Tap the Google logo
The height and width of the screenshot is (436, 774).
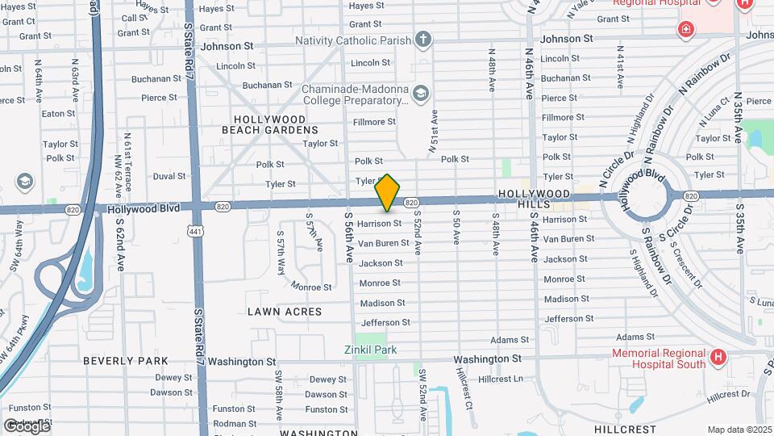click(x=26, y=426)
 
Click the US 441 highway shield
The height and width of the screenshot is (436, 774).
click(x=193, y=231)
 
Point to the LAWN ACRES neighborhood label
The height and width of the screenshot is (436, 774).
click(x=285, y=312)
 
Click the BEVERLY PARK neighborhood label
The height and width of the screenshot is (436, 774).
click(x=126, y=361)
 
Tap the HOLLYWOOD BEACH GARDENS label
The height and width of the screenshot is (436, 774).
click(x=275, y=124)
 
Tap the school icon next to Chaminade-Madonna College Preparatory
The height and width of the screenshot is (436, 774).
click(x=420, y=94)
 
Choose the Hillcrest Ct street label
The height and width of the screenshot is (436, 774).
click(x=463, y=388)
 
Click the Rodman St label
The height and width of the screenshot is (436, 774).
click(x=235, y=424)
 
